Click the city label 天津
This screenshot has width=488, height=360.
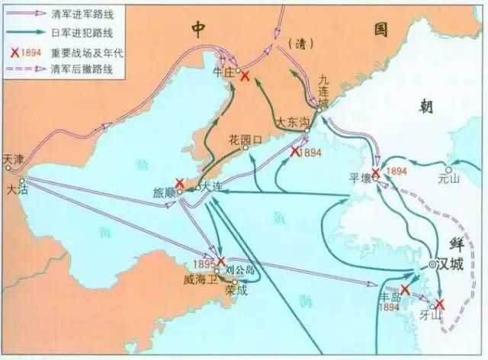13,159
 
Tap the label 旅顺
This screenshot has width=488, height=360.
164,194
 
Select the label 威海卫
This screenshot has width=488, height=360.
202,280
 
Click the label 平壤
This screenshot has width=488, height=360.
359,180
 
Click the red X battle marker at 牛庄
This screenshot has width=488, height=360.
243,76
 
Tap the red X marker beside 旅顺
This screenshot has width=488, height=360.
179,183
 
